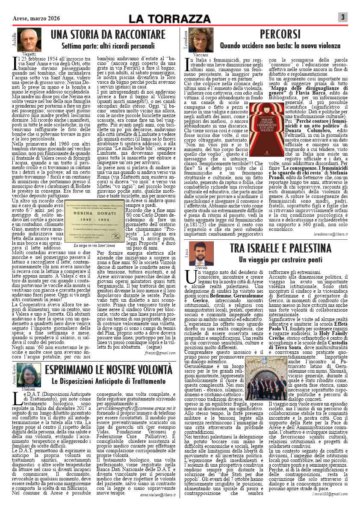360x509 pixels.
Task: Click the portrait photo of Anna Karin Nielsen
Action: coord(27,374)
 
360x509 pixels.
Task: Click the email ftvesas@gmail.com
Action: coord(161,353)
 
